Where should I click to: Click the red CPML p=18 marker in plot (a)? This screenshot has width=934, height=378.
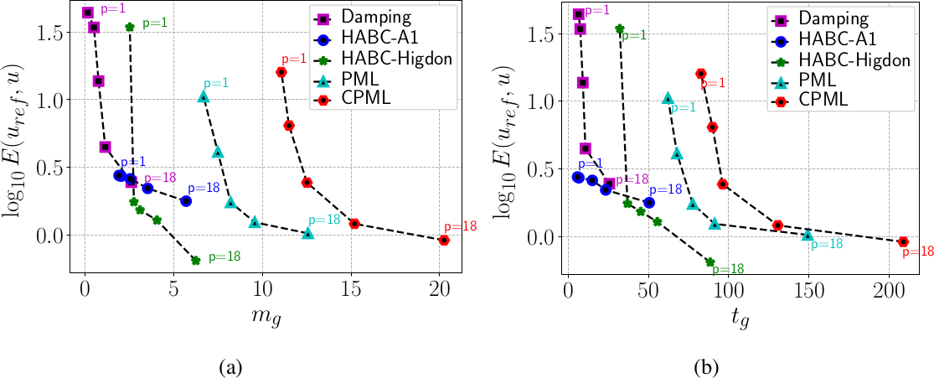tap(444, 241)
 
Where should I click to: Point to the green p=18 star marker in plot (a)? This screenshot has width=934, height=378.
tap(195, 261)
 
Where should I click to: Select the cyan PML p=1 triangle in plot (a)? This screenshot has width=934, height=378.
tap(203, 97)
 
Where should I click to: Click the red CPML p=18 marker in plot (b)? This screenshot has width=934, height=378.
tap(903, 241)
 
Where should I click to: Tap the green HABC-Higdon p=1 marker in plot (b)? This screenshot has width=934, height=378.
tap(620, 28)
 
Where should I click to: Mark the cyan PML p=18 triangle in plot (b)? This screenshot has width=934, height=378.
tap(808, 236)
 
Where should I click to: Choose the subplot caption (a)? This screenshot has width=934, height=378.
tap(231, 366)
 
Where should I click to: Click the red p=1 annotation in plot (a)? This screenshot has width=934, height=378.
tap(294, 60)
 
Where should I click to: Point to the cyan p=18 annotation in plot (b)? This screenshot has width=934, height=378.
tap(828, 244)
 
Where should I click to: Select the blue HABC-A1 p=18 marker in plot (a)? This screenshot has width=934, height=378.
tap(186, 201)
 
